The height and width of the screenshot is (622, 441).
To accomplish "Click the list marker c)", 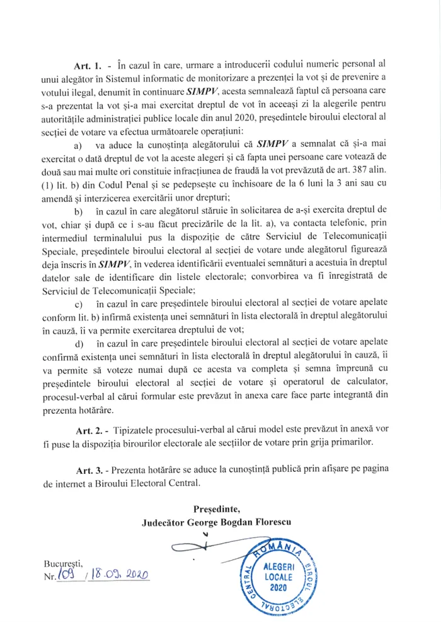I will click(x=80, y=305).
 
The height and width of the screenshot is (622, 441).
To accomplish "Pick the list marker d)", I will click(x=80, y=344).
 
